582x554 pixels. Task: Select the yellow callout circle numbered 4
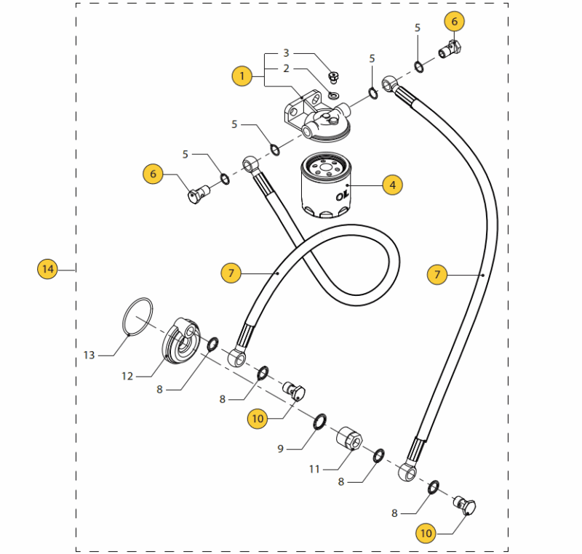(392, 185)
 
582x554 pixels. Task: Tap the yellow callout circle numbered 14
(47, 270)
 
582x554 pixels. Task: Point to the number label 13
(89, 356)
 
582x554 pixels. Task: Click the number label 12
(127, 376)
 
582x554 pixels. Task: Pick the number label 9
(279, 449)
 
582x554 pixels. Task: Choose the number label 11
(314, 470)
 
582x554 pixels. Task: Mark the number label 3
(286, 53)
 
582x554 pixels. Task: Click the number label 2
(286, 68)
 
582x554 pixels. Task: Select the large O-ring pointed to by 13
(137, 316)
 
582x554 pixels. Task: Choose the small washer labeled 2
(334, 95)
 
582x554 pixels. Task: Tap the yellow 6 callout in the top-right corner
(455, 22)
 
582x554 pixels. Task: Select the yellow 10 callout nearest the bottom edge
(426, 534)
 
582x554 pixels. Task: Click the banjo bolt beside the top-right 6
(450, 50)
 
